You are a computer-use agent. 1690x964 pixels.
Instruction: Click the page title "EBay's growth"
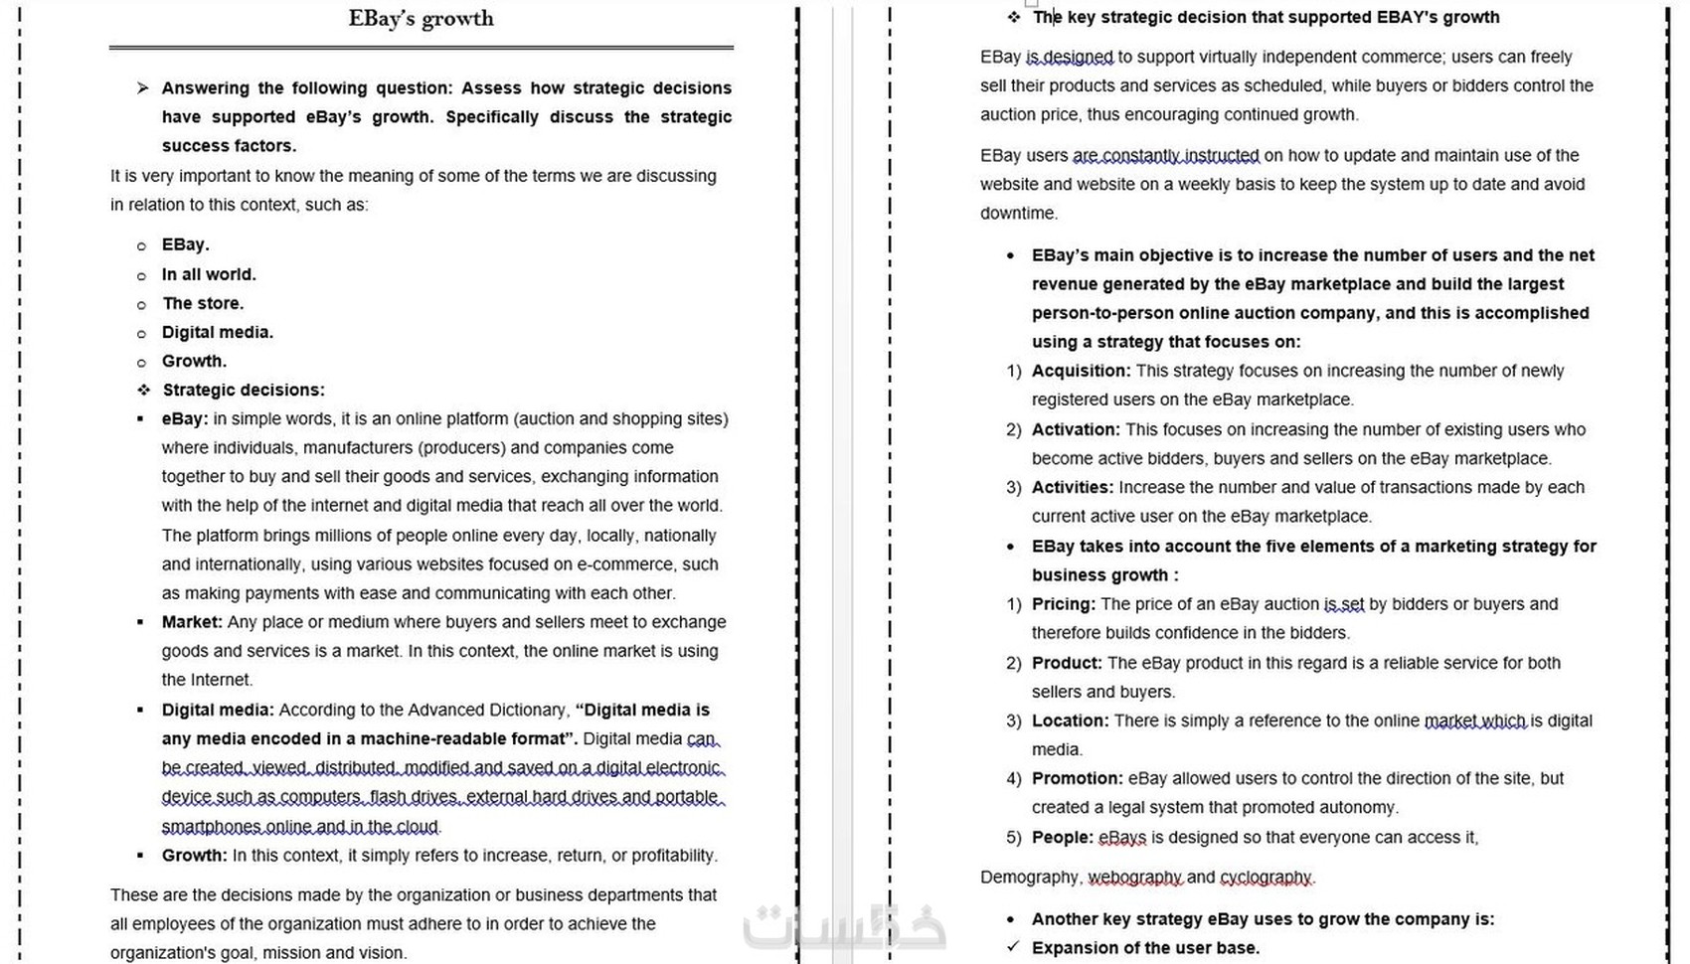point(421,18)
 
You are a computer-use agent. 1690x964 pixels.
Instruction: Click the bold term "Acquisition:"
point(1081,371)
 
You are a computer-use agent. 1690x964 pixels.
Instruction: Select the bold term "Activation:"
point(1076,429)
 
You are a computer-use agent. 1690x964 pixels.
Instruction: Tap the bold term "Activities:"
point(1073,487)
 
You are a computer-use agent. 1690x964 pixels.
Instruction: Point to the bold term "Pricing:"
point(1064,604)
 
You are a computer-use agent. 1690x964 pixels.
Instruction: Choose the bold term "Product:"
point(1067,663)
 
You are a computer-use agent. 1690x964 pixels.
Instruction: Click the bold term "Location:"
point(1070,721)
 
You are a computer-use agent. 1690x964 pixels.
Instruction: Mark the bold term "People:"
point(1063,837)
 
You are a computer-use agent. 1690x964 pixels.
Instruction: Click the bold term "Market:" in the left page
point(192,622)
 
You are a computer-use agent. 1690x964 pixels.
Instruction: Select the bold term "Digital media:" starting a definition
point(218,710)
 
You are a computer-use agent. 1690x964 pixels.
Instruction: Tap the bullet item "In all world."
point(209,274)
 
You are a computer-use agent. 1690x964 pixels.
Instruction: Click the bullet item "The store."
point(203,303)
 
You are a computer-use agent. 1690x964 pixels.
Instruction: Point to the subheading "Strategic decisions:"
point(244,390)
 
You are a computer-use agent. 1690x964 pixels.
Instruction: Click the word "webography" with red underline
point(1134,878)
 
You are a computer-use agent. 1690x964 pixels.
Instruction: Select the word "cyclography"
point(1266,878)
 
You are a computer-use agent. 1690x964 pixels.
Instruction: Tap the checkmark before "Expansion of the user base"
point(1012,947)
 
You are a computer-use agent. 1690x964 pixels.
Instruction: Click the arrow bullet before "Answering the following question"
point(143,88)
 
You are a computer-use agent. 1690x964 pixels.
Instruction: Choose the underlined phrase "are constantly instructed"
point(1165,155)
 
